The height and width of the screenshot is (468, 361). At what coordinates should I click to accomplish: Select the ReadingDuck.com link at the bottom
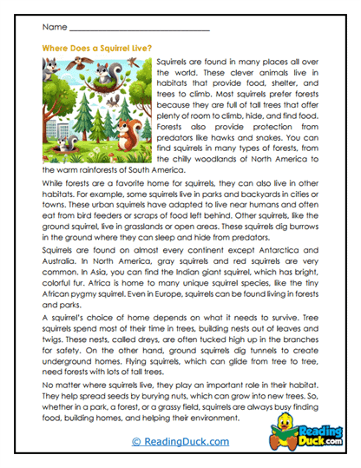(x=180, y=441)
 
